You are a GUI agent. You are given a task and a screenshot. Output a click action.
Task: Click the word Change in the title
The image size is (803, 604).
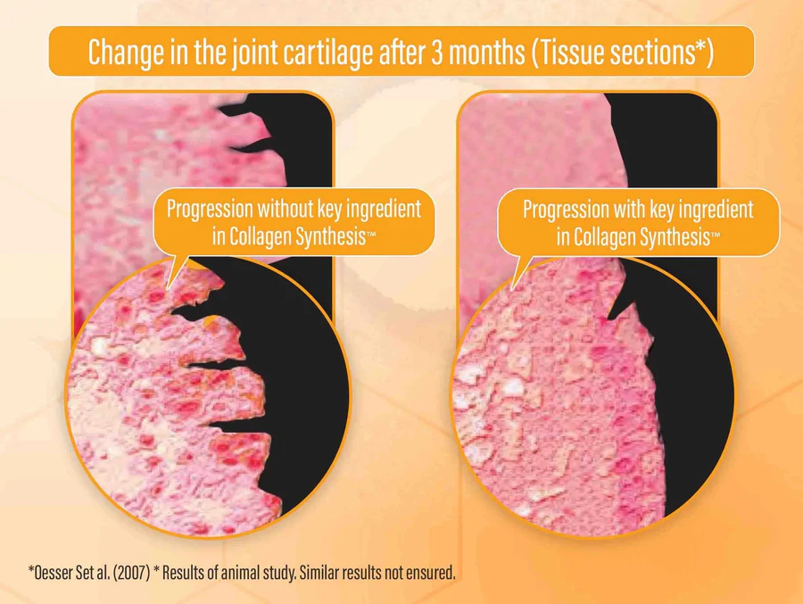[126, 52]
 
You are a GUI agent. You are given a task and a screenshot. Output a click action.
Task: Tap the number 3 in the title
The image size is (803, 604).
[436, 52]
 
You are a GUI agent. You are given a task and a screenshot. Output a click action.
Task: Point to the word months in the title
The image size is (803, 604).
[487, 52]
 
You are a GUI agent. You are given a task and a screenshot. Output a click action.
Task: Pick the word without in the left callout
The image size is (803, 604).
[285, 209]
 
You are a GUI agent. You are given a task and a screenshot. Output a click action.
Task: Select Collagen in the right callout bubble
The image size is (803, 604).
[605, 236]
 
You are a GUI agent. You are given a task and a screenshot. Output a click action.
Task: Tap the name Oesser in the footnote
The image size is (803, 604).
[51, 572]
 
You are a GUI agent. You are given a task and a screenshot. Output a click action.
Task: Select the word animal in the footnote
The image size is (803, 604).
[238, 572]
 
